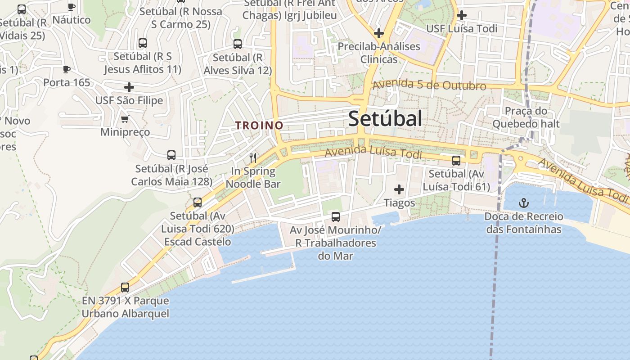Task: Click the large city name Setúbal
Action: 385,119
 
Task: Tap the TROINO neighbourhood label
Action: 259,126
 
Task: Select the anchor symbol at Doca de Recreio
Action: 524,203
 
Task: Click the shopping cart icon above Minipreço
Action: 125,119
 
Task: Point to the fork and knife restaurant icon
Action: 253,158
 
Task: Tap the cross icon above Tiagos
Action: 399,189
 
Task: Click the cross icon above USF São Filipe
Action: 129,87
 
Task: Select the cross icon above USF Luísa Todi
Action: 461,15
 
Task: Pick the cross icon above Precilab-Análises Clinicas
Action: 379,33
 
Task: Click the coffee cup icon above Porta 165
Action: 67,69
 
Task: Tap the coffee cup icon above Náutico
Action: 71,6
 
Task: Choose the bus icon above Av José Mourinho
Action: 336,217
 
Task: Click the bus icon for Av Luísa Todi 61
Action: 456,160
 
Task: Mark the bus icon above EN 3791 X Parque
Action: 125,287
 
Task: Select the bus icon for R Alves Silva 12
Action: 238,44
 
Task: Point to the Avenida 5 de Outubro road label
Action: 429,85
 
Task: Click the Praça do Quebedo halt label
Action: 526,117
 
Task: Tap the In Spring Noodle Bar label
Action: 253,177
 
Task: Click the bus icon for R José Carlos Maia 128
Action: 171,155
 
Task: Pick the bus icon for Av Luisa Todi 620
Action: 198,202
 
